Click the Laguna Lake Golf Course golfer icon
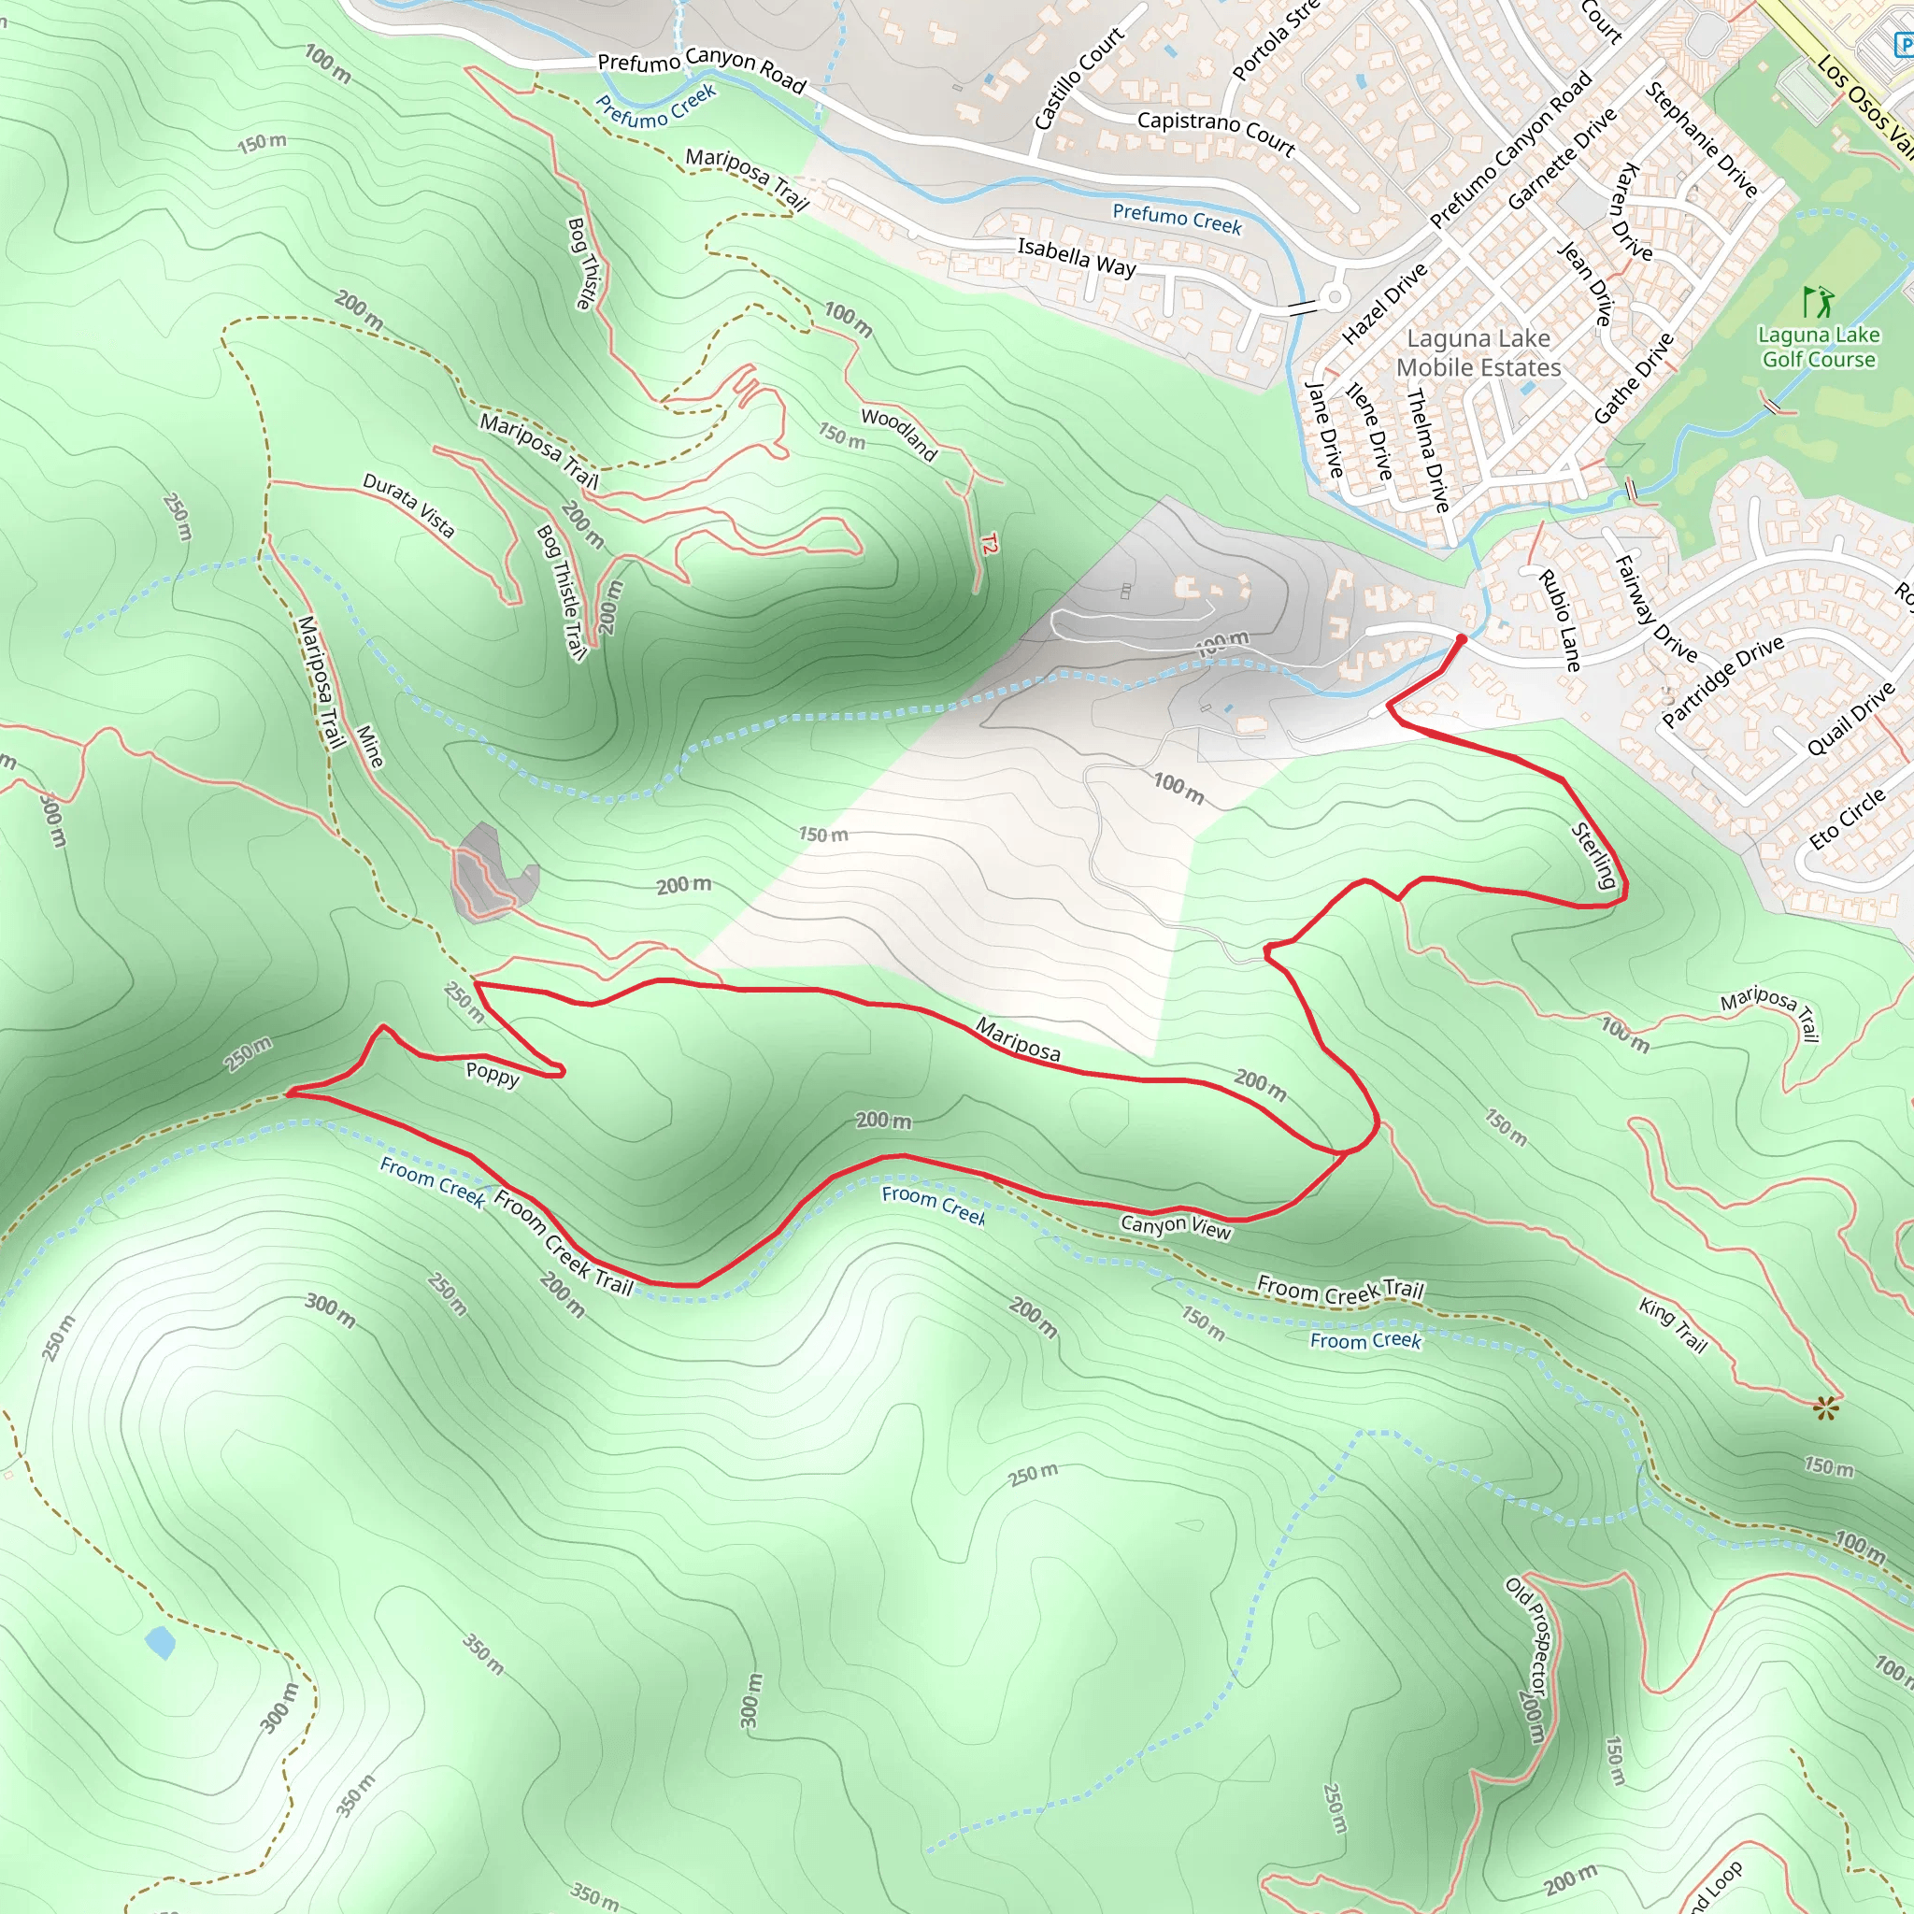(x=1818, y=301)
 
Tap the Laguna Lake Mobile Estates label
(x=1478, y=352)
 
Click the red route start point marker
(x=1461, y=640)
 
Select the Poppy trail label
(x=493, y=1074)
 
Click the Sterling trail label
(x=1594, y=855)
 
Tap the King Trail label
(x=1672, y=1324)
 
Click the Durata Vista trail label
(x=408, y=506)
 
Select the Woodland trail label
(x=898, y=434)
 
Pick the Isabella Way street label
(x=1077, y=257)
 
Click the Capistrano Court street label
(x=1216, y=133)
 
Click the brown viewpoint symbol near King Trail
(x=1826, y=1407)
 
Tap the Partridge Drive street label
(x=1722, y=680)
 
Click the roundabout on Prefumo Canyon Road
(x=1334, y=295)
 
